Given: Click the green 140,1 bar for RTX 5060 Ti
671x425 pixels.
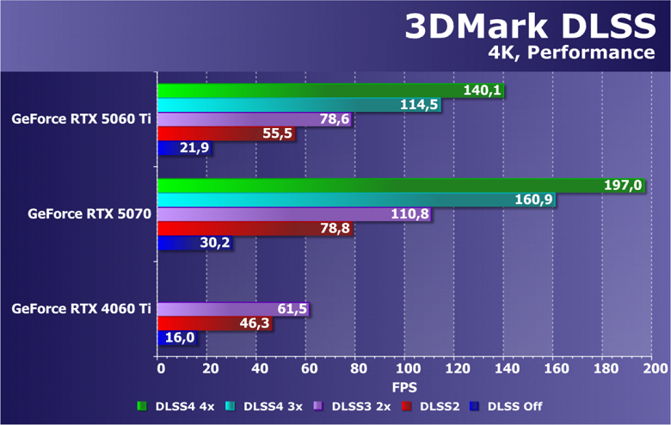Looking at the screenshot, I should (x=310, y=90).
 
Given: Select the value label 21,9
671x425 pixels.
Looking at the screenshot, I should (x=194, y=148).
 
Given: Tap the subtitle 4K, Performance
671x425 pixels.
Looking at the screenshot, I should (x=571, y=53).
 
